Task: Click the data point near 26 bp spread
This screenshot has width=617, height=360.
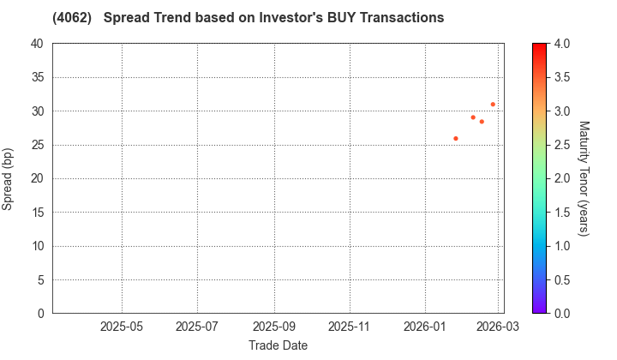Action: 456,138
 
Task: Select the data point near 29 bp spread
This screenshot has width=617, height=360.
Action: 473,117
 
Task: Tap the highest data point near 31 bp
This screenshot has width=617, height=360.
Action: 493,105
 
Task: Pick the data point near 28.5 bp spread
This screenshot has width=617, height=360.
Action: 482,122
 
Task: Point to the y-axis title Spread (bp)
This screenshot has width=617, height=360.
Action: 8,178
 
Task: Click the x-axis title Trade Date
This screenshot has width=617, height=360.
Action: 278,345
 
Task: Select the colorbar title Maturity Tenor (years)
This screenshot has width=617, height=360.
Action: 584,178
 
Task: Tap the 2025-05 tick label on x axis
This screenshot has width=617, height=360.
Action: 122,327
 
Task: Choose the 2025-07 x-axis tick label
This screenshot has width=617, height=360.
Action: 197,327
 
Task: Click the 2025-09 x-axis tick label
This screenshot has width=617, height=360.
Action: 274,327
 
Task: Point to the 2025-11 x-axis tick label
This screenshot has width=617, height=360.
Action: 350,327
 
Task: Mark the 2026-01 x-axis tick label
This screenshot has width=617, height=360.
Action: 426,327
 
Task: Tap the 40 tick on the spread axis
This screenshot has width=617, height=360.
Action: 37,44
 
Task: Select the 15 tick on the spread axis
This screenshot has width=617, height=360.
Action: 37,213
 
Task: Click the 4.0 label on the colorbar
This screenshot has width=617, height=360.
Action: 562,44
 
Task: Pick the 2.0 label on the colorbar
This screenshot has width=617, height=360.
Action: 562,178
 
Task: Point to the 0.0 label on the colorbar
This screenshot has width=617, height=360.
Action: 562,314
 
